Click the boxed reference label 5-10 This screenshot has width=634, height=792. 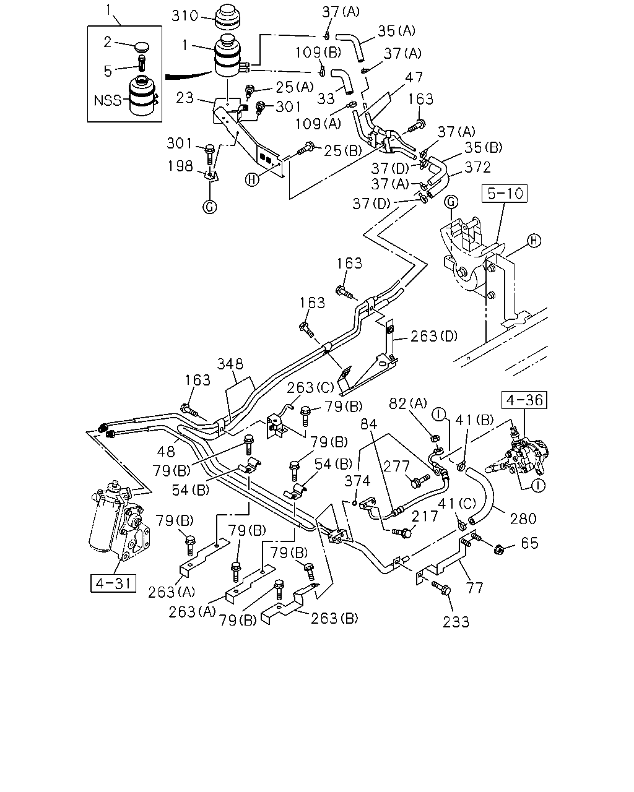tap(505, 194)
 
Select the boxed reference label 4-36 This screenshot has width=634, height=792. tap(524, 400)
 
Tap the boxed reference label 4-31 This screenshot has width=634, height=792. tap(113, 583)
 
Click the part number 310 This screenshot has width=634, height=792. tap(185, 16)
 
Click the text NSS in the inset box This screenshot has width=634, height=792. tap(108, 100)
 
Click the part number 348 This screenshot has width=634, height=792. tap(230, 364)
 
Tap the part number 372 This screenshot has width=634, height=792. tap(478, 168)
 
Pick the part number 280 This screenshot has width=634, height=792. tap(523, 519)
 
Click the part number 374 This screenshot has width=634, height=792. tap(357, 481)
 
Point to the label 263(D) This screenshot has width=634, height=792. tap(434, 336)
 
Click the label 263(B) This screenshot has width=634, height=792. tap(334, 619)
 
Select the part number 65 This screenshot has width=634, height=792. tap(530, 543)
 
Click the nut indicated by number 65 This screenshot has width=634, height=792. tap(499, 550)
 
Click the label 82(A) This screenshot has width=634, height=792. tap(408, 403)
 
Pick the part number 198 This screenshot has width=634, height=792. tap(180, 166)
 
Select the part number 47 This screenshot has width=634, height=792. tap(414, 77)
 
